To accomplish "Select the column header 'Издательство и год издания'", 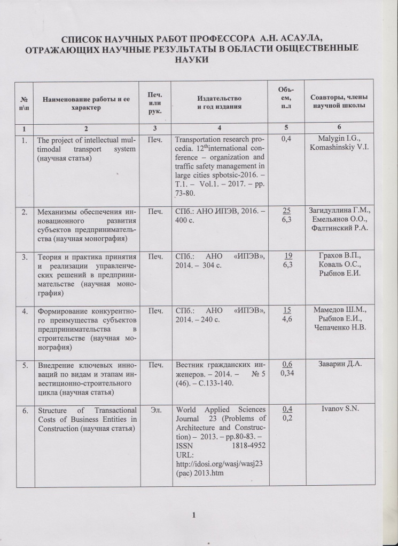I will coord(219,103).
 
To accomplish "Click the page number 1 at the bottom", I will coord(194,515).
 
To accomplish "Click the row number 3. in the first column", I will coord(25,257).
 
